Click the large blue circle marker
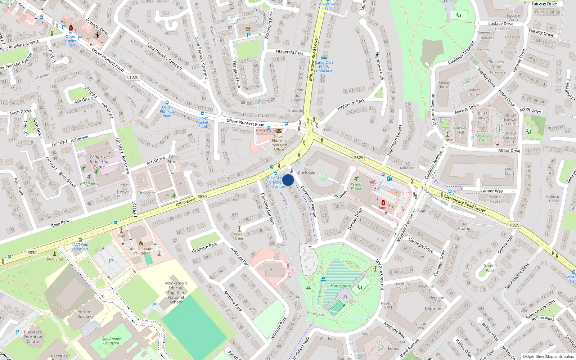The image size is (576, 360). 288,180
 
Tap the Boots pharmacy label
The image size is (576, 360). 383,208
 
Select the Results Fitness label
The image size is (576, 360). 356,186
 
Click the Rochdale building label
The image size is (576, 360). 306,173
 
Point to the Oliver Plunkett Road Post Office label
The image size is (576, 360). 279,143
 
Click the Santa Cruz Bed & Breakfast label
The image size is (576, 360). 324,67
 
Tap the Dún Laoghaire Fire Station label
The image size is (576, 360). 141,251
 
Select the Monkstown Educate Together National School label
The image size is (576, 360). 176,292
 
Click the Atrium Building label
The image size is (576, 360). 85,314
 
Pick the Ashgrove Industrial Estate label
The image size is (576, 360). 99,162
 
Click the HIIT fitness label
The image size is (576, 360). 89,184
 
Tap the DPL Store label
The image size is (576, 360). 172,159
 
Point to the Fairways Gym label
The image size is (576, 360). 482,138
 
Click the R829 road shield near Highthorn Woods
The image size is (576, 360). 359,157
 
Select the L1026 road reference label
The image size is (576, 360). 132,77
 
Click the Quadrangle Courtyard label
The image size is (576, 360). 111,341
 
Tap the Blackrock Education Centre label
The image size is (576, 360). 33,337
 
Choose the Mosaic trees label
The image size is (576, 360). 239,236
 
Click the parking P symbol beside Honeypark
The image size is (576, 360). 309,258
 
